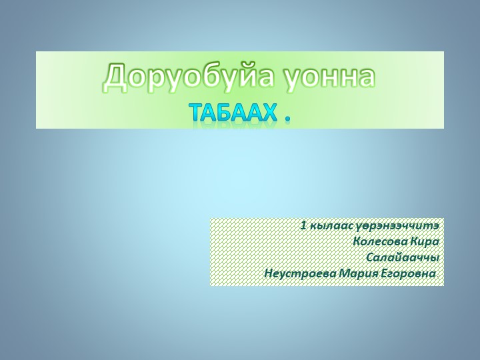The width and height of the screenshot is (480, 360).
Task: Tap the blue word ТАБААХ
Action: (x=233, y=113)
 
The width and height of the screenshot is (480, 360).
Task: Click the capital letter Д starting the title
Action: (x=115, y=79)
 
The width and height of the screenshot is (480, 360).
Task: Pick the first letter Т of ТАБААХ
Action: (x=197, y=113)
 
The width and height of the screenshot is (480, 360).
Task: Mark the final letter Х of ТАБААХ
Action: (x=269, y=113)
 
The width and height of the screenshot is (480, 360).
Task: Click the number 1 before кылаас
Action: (x=303, y=226)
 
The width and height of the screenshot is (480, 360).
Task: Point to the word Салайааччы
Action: (x=403, y=258)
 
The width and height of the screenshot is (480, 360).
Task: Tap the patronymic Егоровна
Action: (x=410, y=274)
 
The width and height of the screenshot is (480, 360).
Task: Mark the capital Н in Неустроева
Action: (x=268, y=274)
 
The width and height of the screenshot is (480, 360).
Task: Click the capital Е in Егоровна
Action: (x=386, y=274)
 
